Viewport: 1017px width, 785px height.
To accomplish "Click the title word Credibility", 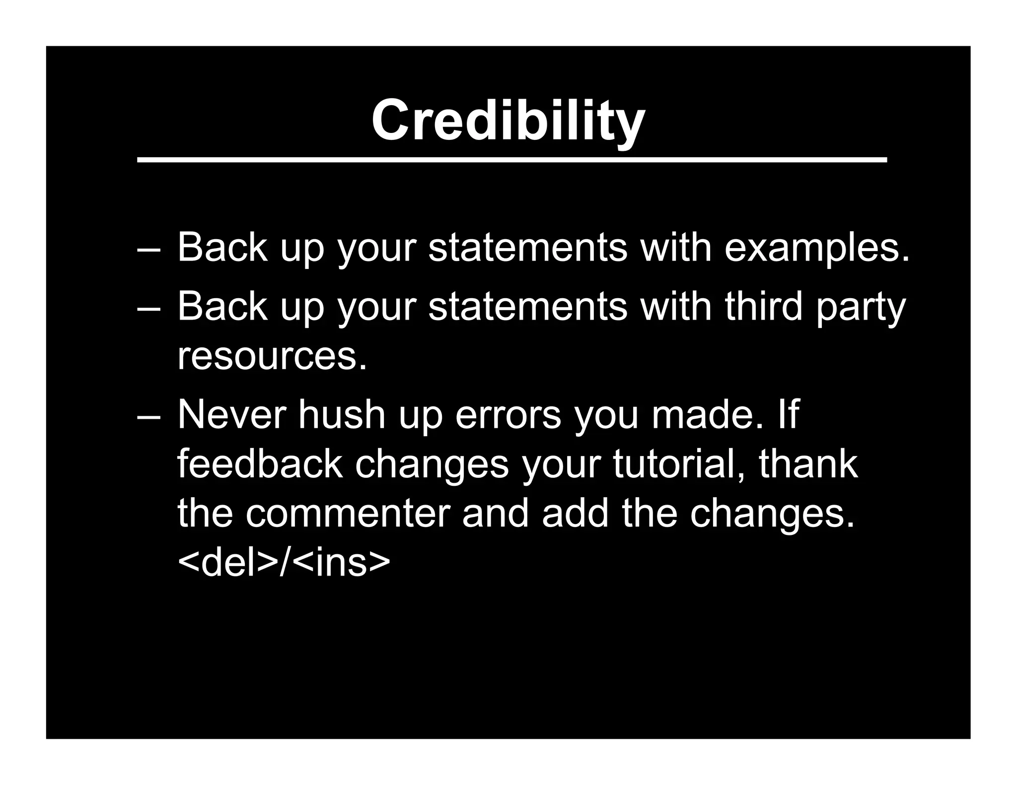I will [508, 120].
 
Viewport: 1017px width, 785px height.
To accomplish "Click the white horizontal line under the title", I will [511, 160].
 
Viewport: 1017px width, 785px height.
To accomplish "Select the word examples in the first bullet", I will [817, 248].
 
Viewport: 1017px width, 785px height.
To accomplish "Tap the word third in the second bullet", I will [764, 307].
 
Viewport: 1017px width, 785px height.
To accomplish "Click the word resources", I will [272, 356].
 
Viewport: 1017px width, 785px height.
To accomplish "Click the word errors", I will [508, 415].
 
